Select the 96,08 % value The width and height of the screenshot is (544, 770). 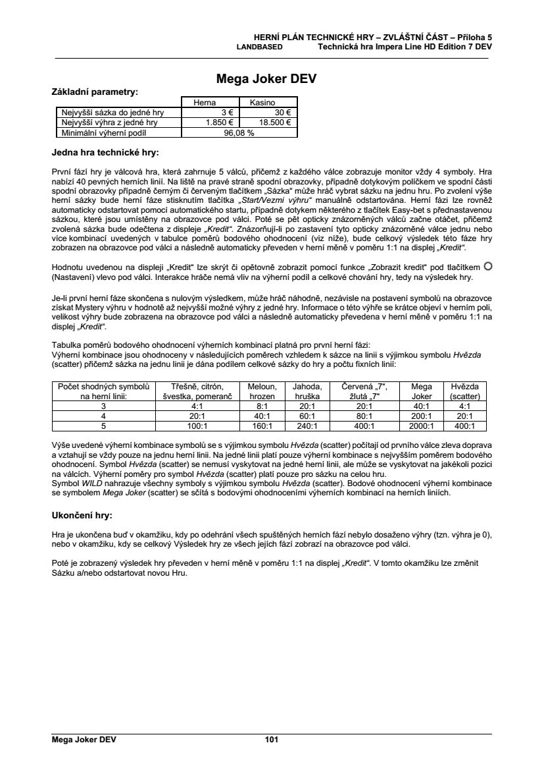coord(239,132)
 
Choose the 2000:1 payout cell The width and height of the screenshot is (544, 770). coord(421,426)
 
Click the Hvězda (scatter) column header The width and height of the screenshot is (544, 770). coord(464,391)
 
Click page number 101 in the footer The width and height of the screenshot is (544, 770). coord(272,740)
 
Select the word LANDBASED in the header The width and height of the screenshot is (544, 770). coord(260,47)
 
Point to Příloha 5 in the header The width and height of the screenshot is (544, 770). coord(474,38)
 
